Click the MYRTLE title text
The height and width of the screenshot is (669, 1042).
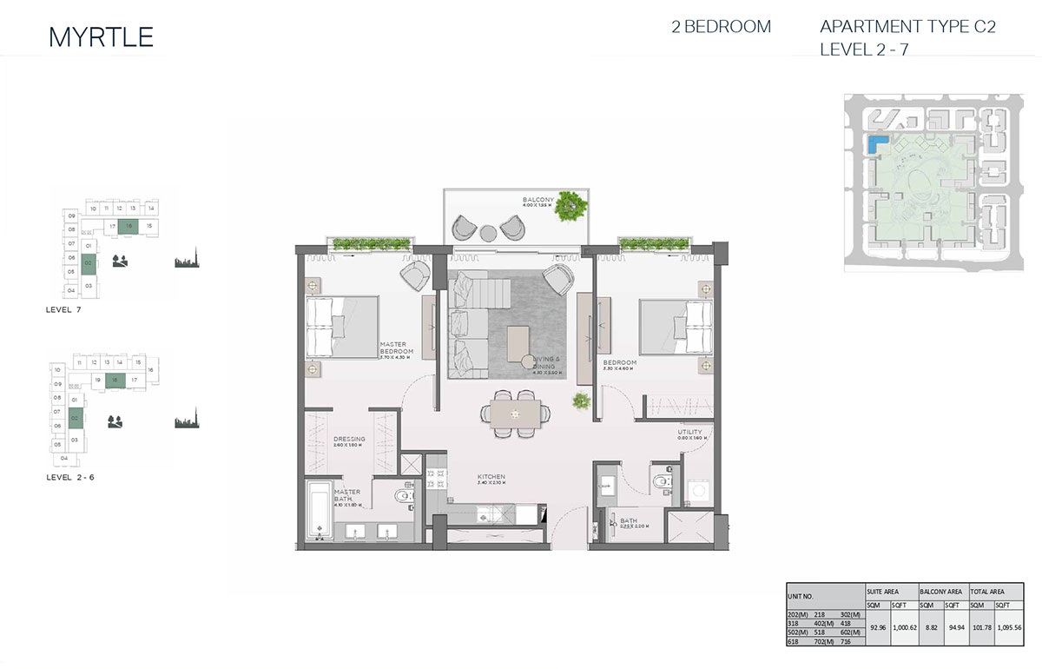pyautogui.click(x=102, y=36)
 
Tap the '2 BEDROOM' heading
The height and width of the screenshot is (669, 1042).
pyautogui.click(x=721, y=27)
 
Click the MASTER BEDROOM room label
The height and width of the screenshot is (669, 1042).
pyautogui.click(x=396, y=349)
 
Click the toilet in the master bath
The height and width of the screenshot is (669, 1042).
pyautogui.click(x=402, y=497)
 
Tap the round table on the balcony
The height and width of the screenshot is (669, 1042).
pyautogui.click(x=488, y=231)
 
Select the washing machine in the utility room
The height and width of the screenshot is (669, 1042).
pyautogui.click(x=696, y=493)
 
